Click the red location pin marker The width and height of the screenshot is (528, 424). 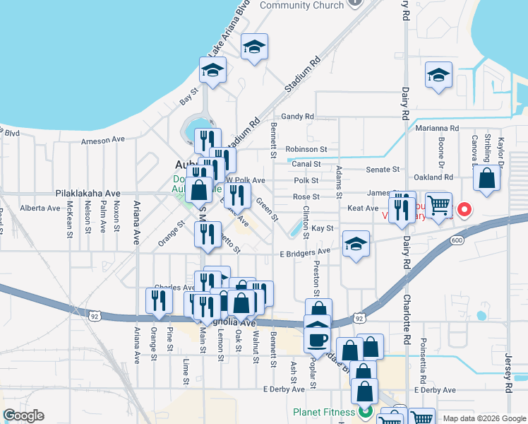click(x=464, y=209)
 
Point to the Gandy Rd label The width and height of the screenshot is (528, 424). click(x=296, y=116)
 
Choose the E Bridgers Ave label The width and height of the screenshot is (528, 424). click(x=305, y=252)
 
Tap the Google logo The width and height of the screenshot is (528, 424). click(x=23, y=415)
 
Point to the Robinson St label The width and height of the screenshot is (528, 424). click(x=306, y=150)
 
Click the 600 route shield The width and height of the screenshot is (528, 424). click(x=457, y=240)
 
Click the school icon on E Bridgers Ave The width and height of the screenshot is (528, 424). click(x=356, y=245)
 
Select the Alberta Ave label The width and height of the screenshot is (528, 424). click(x=40, y=208)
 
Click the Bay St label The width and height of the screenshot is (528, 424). click(x=188, y=96)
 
